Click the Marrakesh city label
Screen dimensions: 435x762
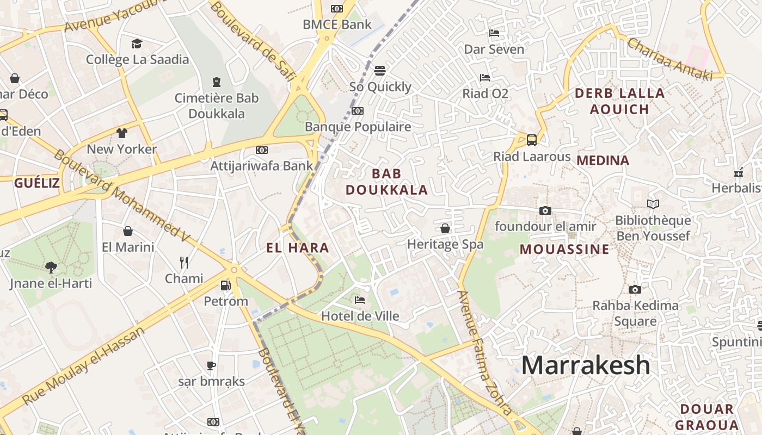coord(586,365)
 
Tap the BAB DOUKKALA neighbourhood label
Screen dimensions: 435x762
coord(387,182)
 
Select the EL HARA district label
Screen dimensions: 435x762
coord(298,248)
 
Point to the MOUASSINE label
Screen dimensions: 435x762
coord(564,250)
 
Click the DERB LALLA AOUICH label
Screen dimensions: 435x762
coord(619,101)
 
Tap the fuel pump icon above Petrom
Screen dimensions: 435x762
coord(225,285)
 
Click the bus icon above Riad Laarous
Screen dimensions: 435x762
coord(532,140)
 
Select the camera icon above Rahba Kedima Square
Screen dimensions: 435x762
coord(635,289)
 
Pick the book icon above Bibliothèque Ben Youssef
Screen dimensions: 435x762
coord(653,204)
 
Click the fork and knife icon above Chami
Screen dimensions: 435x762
coord(184,263)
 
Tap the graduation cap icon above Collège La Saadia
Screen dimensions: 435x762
coord(137,43)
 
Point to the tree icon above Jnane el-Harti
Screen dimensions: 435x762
coord(51,267)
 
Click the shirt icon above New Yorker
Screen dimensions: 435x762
coord(121,133)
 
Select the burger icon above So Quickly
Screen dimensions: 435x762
coord(380,71)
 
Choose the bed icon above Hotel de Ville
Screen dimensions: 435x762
coord(359,300)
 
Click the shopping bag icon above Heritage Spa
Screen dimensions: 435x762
coord(445,228)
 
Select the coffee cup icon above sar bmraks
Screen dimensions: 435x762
coord(211,365)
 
